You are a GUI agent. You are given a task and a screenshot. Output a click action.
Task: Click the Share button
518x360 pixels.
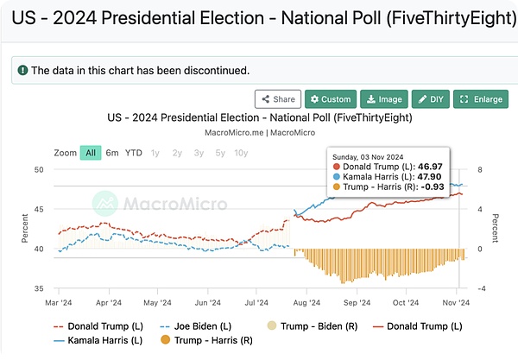point(278,99)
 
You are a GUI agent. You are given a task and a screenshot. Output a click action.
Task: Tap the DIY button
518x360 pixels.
point(431,99)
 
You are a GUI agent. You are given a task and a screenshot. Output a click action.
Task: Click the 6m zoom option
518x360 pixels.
point(112,153)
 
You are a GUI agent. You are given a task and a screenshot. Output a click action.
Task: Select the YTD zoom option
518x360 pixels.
point(134,153)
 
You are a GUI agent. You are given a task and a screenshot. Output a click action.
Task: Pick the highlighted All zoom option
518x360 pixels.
point(90,153)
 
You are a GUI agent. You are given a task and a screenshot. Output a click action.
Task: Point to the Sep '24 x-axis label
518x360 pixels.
point(357,303)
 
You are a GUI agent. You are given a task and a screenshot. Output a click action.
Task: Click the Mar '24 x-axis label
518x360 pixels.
point(59,303)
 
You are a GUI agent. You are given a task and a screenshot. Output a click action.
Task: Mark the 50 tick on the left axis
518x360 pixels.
point(39,169)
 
